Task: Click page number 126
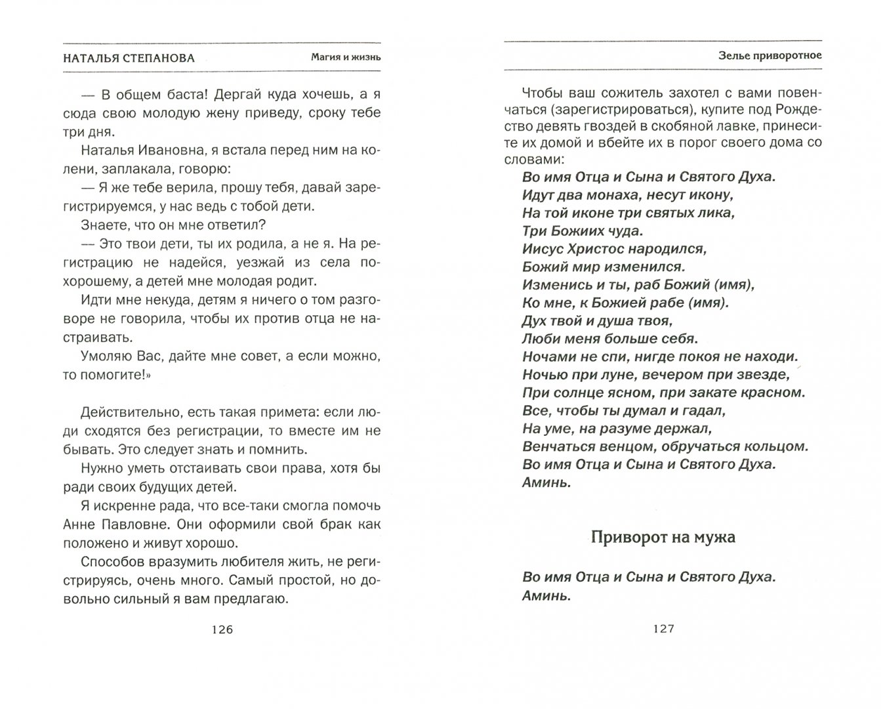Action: coord(222,630)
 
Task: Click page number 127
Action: coord(663,628)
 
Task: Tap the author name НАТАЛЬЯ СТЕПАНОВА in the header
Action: coord(129,57)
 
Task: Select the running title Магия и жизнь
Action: coord(346,57)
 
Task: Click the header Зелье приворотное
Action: coord(769,55)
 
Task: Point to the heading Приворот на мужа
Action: coord(663,537)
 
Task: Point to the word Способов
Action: coord(109,563)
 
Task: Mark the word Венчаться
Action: coord(555,446)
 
